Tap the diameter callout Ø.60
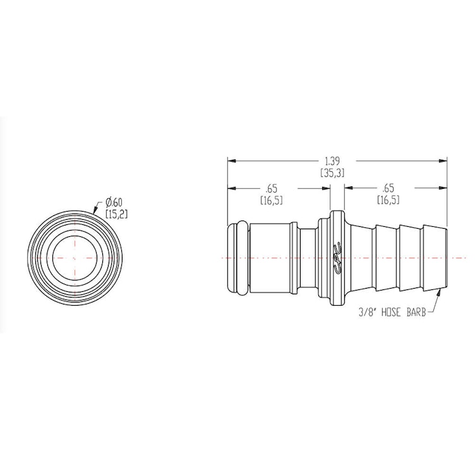[x=114, y=202]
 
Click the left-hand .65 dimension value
[x=271, y=189]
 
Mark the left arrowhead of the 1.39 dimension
[x=231, y=160]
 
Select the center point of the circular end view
[x=74, y=258]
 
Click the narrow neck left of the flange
[x=306, y=258]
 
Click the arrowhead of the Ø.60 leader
[x=95, y=212]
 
